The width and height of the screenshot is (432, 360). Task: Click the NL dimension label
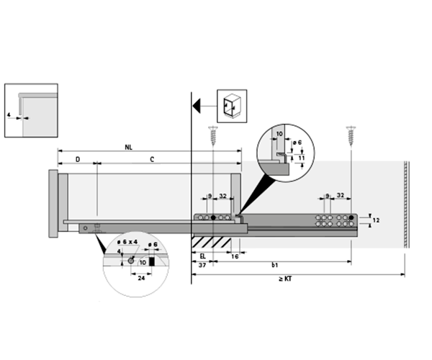pyautogui.click(x=128, y=148)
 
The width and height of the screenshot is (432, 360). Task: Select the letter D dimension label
pyautogui.click(x=76, y=158)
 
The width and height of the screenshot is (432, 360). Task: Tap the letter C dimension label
pyautogui.click(x=151, y=158)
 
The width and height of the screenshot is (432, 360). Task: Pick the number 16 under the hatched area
pyautogui.click(x=235, y=256)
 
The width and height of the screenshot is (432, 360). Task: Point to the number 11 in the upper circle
pyautogui.click(x=302, y=157)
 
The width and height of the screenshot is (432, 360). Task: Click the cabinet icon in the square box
pyautogui.click(x=232, y=105)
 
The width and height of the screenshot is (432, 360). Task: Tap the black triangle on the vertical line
pyautogui.click(x=197, y=106)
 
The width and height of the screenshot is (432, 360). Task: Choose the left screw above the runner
pyautogui.click(x=213, y=135)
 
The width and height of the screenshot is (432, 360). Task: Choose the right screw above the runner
pyautogui.click(x=351, y=135)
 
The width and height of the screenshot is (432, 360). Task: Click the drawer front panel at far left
pyautogui.click(x=52, y=204)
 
